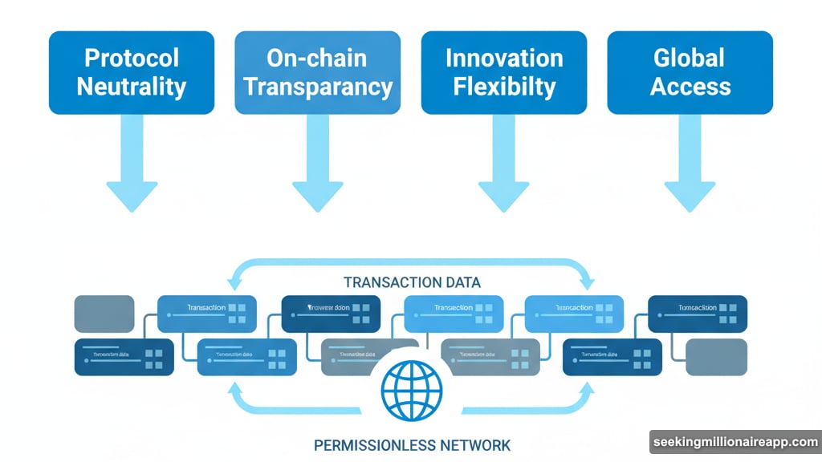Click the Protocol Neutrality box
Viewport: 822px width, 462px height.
pyautogui.click(x=132, y=72)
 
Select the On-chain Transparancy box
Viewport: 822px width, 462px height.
pyautogui.click(x=318, y=72)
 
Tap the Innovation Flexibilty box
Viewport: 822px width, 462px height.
pyautogui.click(x=504, y=72)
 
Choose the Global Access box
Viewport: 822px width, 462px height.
pyautogui.click(x=690, y=72)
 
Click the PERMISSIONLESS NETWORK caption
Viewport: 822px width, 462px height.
pyautogui.click(x=412, y=444)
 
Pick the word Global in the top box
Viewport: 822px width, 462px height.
pyautogui.click(x=690, y=59)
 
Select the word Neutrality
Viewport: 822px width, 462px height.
pyautogui.click(x=132, y=87)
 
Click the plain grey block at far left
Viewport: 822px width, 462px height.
pyautogui.click(x=104, y=314)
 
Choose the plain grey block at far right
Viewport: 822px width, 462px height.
pyautogui.click(x=717, y=357)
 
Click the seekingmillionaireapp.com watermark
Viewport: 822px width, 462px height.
pyautogui.click(x=735, y=443)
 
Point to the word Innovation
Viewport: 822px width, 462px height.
pyautogui.click(x=504, y=59)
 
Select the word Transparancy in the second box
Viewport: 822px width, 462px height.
pyautogui.click(x=318, y=87)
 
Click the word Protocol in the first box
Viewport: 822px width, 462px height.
pyautogui.click(x=132, y=59)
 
